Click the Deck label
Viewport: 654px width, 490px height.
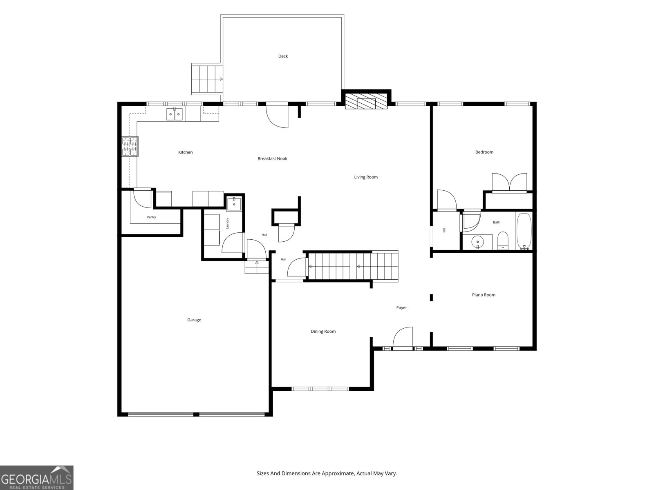[x=283, y=56]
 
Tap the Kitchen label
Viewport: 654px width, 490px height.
[x=185, y=152]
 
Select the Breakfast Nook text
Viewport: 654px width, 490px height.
[x=272, y=159]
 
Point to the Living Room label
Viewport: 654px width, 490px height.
[x=365, y=177]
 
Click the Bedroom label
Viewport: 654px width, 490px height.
[x=484, y=152]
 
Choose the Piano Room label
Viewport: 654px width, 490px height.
[x=484, y=295]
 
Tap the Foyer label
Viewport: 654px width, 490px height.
[x=402, y=307]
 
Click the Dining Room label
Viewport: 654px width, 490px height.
[x=323, y=332]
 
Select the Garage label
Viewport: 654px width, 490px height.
[x=194, y=320]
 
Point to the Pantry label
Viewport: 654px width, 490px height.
[x=151, y=217]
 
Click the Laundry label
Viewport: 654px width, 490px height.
[x=227, y=223]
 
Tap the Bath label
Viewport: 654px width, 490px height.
[x=496, y=222]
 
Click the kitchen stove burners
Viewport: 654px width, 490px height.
[x=130, y=146]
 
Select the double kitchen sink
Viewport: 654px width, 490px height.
[x=174, y=114]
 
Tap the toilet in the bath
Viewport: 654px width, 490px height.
[x=503, y=241]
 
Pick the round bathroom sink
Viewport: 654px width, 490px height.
[x=477, y=242]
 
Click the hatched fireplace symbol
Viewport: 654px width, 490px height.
[x=366, y=101]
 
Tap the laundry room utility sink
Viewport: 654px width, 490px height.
[x=234, y=204]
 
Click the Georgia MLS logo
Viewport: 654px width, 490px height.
[x=37, y=477]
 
